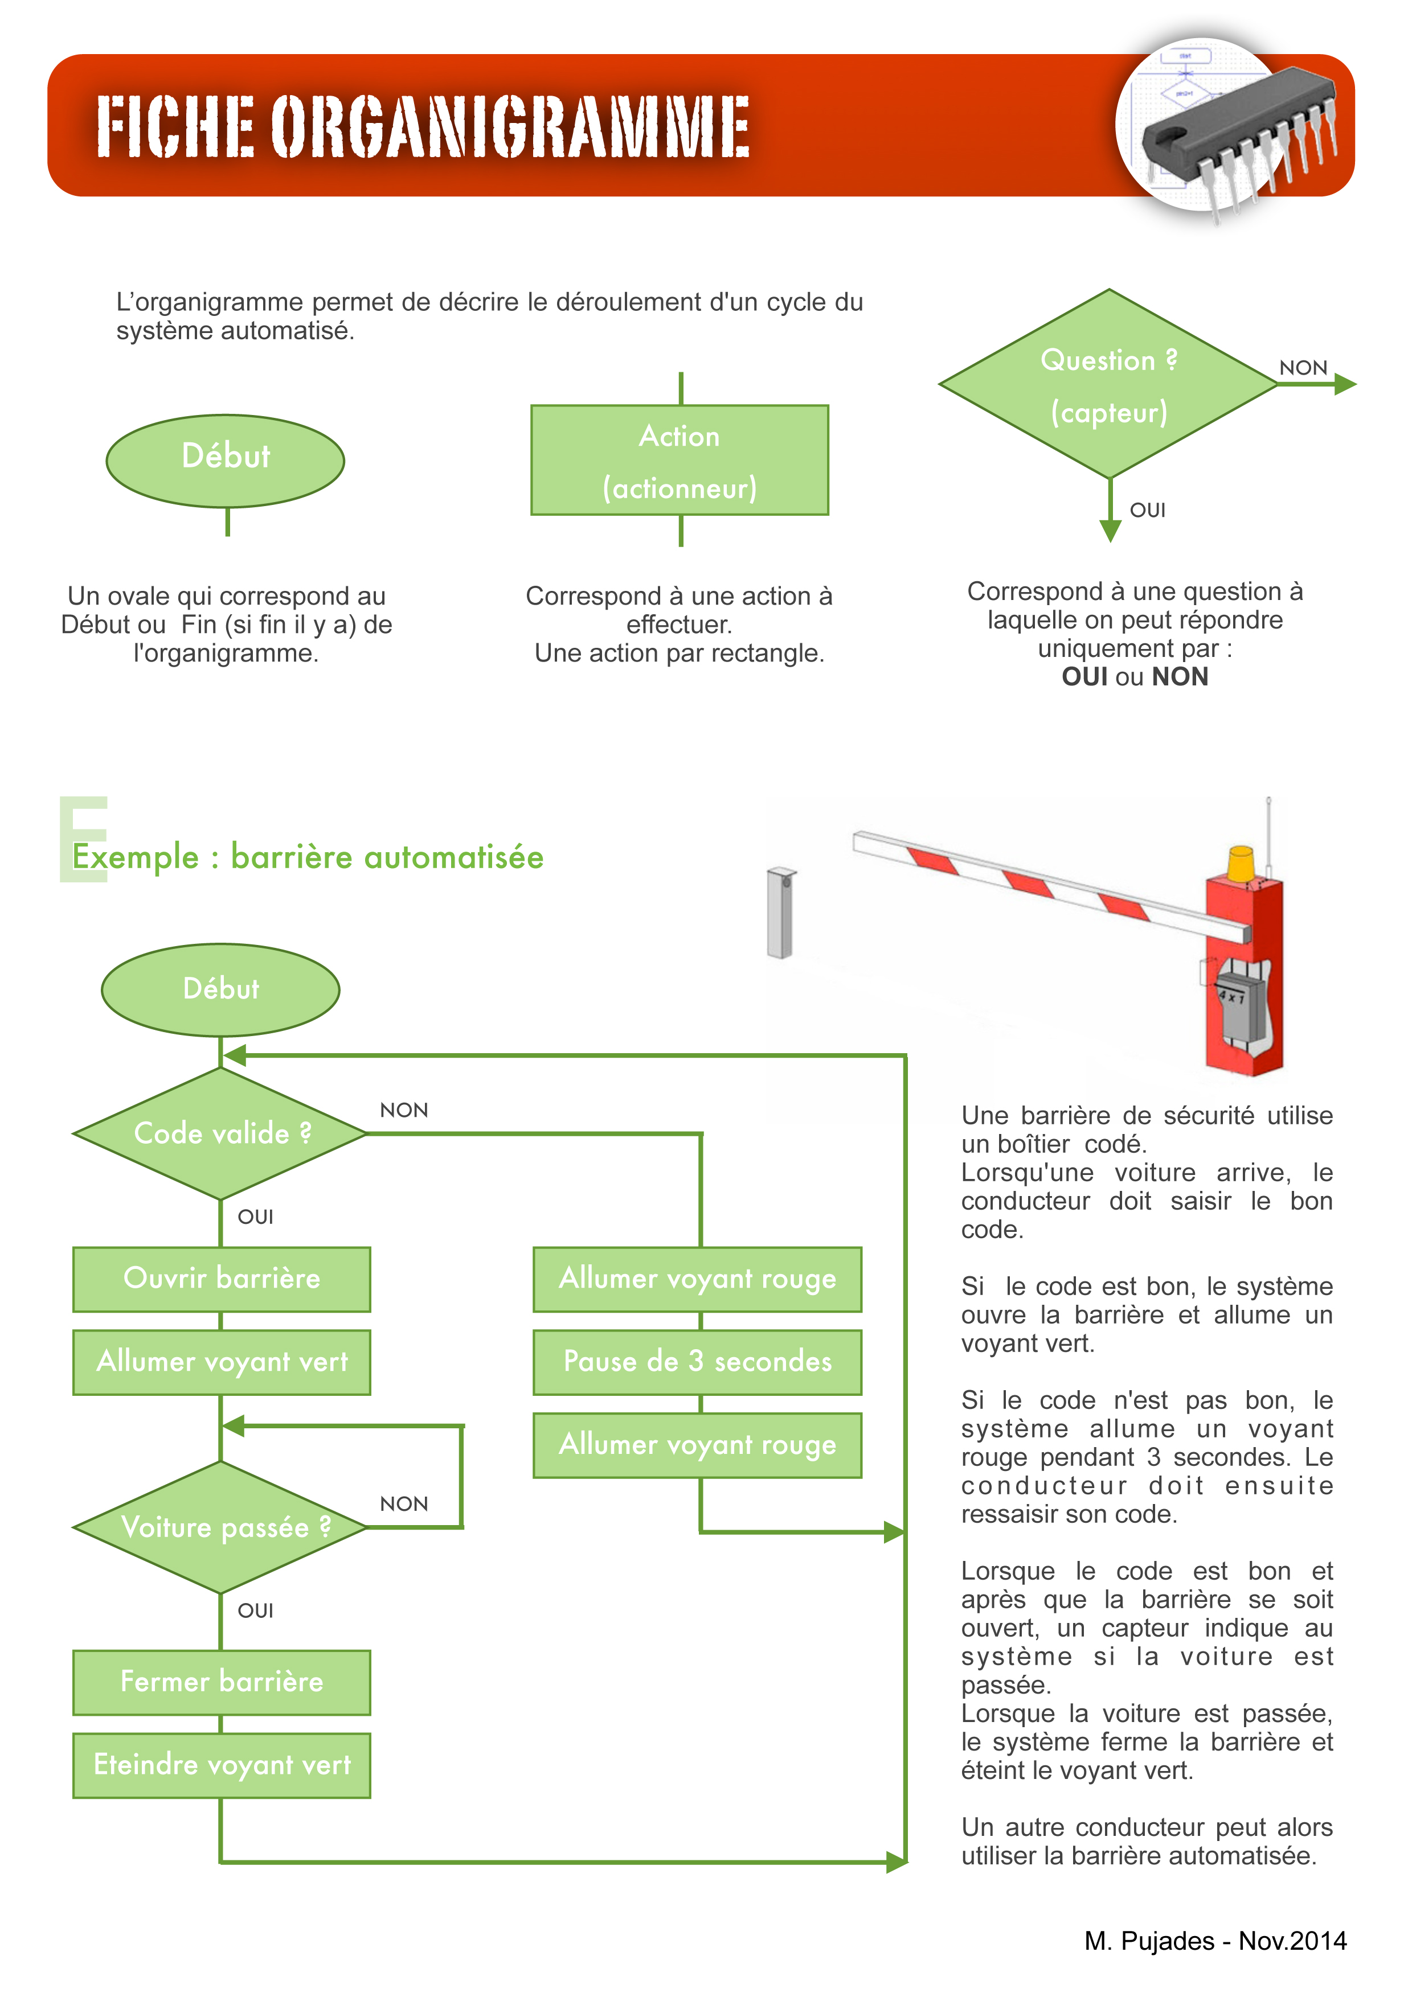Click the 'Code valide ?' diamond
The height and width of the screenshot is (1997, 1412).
[221, 1133]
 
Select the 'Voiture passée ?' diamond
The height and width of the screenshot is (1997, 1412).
[221, 1527]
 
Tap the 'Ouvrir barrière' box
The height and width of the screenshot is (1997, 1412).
[221, 1279]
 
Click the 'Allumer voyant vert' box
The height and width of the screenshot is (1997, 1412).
[221, 1362]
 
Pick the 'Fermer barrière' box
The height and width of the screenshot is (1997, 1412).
[221, 1682]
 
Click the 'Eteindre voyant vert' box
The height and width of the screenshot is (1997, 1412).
[221, 1765]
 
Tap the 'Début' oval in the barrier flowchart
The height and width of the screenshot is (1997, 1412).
[221, 989]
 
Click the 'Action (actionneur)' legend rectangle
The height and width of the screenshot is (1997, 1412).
[680, 460]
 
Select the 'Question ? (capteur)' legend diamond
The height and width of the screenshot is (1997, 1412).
[1108, 384]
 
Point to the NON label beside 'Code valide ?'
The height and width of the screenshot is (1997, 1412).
[404, 1111]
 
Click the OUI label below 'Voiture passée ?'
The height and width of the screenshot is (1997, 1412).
[255, 1611]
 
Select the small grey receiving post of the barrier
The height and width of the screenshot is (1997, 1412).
[780, 913]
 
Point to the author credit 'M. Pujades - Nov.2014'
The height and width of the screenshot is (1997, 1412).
[1214, 1941]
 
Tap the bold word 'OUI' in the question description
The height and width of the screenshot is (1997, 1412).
[1084, 677]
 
